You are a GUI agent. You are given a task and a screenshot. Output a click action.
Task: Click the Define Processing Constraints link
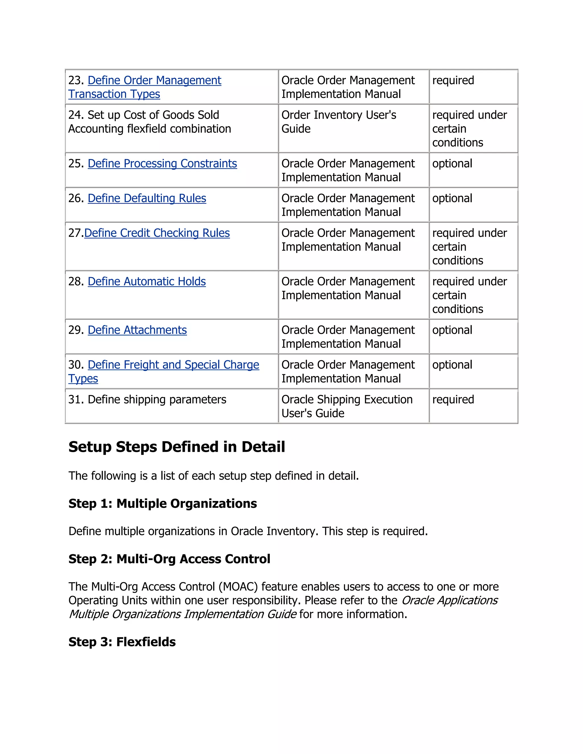click(162, 164)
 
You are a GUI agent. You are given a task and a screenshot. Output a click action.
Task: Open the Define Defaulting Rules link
click(147, 199)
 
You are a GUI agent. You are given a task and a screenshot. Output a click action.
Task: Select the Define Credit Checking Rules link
click(157, 233)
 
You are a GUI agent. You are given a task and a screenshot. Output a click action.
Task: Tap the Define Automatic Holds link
click(147, 282)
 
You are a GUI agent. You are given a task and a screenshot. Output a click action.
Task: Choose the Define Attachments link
click(137, 330)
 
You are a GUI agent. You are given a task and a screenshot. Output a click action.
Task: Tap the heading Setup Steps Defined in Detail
click(176, 447)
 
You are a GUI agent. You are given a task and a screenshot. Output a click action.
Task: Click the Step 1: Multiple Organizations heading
click(162, 504)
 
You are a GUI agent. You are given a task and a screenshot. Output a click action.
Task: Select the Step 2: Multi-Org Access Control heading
click(169, 559)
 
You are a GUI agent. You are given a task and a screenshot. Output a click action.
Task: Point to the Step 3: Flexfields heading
click(122, 642)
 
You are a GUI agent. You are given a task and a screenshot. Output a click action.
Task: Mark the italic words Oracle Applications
click(449, 600)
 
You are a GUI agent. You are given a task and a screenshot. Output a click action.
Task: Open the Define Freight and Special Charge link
click(173, 365)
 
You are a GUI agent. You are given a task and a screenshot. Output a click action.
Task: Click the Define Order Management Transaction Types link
click(154, 81)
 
